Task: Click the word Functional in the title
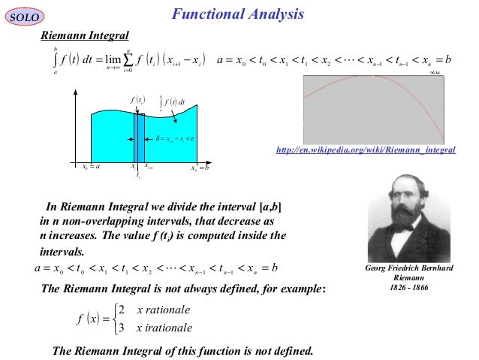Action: coord(203,14)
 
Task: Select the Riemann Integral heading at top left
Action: coord(85,35)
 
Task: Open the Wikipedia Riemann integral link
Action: coord(366,151)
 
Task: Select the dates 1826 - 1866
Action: coord(408,288)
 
